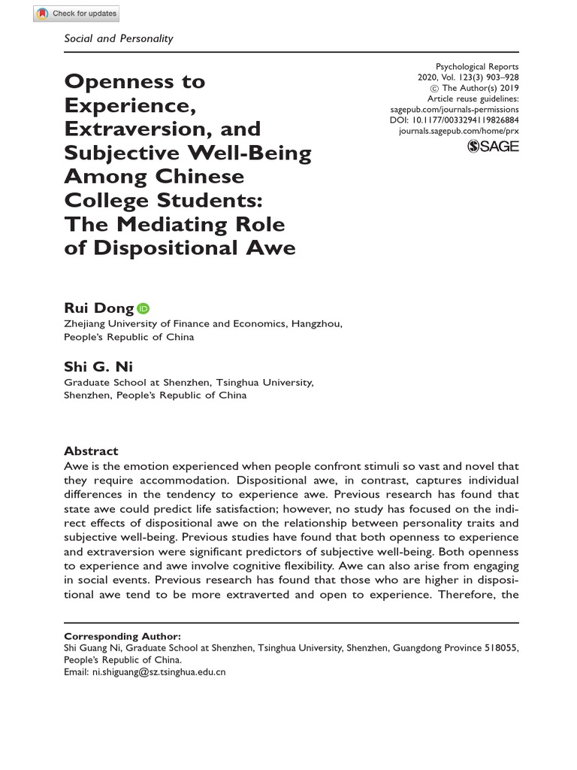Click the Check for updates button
point(75,14)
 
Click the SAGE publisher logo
point(493,147)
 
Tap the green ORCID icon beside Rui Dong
point(143,308)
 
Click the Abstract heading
point(91,451)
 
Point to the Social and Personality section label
point(119,38)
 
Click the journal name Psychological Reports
point(477,67)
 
